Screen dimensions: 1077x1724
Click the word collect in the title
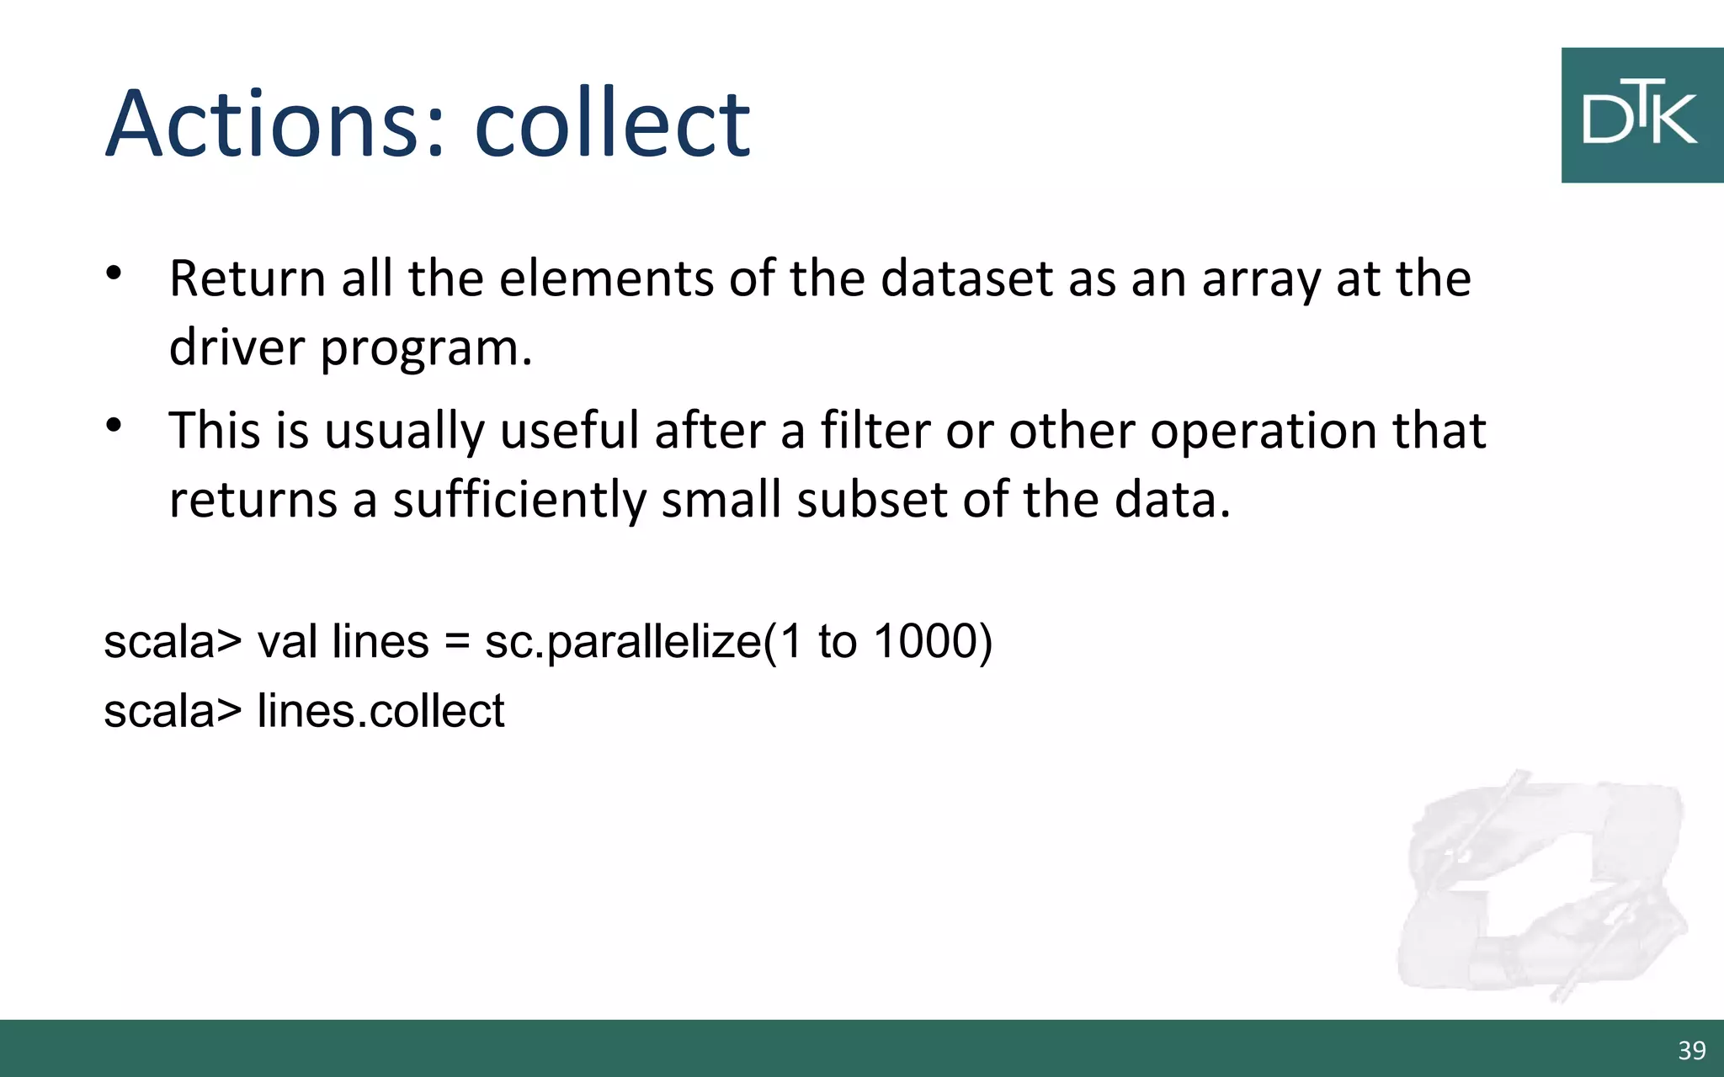coord(612,124)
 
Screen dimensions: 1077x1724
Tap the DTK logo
coord(1641,115)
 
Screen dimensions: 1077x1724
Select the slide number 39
coord(1691,1050)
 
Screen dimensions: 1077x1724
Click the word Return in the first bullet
coord(247,279)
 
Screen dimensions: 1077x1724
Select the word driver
coord(237,348)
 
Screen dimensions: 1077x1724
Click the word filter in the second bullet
coord(875,430)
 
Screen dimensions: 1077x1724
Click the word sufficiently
coord(519,500)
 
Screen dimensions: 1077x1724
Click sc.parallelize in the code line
coord(623,642)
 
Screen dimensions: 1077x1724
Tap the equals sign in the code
coord(456,642)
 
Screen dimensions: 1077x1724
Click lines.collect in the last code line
coord(380,710)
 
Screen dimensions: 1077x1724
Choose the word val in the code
coord(287,641)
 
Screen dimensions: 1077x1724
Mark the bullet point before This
coord(114,425)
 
